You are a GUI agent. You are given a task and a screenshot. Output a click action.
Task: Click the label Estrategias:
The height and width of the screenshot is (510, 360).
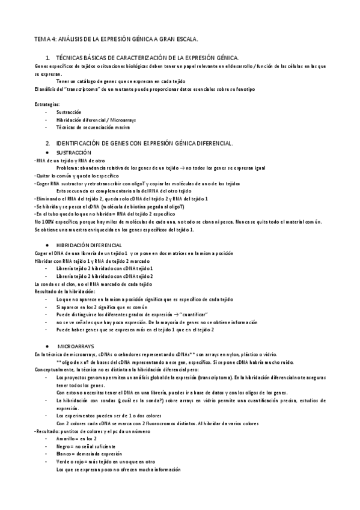47,104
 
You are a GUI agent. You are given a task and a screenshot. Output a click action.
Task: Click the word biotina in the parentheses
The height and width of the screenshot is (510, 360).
145,206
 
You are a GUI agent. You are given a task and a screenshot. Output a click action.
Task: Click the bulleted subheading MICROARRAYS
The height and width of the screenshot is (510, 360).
76,347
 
